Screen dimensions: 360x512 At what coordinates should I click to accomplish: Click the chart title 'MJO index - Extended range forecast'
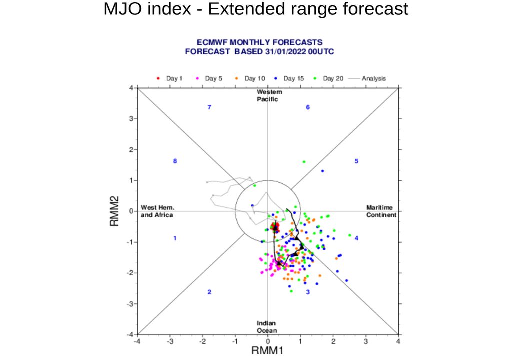(256, 9)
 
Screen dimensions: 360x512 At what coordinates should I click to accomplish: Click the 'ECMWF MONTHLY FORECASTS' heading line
(260, 43)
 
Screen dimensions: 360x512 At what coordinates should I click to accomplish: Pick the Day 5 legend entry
(210, 78)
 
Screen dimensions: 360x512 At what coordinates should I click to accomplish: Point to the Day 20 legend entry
(330, 78)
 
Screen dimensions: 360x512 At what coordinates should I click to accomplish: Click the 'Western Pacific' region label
(269, 95)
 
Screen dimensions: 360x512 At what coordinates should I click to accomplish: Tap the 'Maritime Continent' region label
(381, 211)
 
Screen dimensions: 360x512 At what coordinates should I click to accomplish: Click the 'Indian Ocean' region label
(266, 327)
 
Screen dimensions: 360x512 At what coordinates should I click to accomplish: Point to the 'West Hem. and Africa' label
(157, 211)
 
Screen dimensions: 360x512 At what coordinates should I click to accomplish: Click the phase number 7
(209, 107)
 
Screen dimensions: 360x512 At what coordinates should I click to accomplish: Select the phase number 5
(356, 161)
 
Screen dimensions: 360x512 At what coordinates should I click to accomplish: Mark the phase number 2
(209, 292)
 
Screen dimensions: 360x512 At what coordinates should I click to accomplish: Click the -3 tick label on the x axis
(170, 342)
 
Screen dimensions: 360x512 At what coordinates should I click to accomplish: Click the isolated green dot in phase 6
(304, 161)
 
